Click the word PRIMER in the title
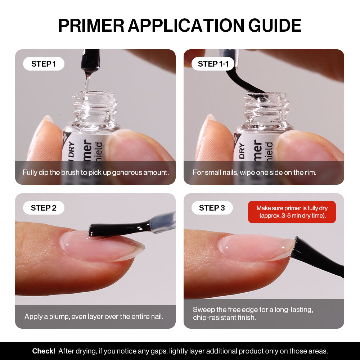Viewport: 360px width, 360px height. (x=91, y=25)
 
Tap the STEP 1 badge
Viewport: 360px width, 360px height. (x=44, y=64)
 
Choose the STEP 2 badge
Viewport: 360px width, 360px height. (x=44, y=208)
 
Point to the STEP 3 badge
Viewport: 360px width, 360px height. (x=212, y=208)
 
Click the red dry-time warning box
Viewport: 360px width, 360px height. (x=292, y=212)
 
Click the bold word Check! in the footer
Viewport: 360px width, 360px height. (x=44, y=351)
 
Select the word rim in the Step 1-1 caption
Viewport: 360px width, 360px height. (x=310, y=172)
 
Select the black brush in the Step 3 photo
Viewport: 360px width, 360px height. (x=317, y=258)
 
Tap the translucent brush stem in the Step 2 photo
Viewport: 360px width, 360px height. (x=162, y=222)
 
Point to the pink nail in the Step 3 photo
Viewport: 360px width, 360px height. (x=252, y=248)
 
